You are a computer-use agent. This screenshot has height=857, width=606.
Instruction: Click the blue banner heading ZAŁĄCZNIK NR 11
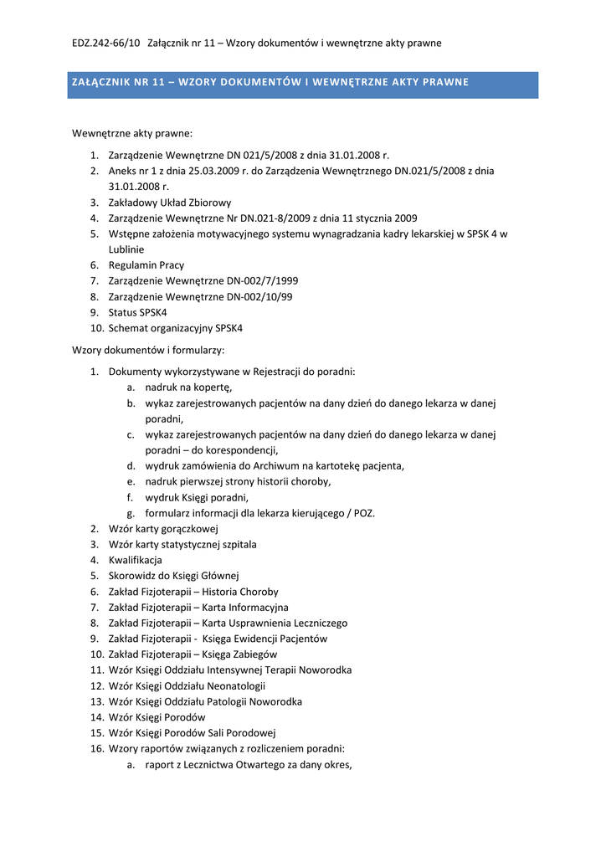tap(269, 82)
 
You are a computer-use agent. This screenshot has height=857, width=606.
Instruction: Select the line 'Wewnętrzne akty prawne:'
tap(131, 133)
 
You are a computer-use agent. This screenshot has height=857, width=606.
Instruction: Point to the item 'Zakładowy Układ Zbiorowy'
tap(170, 203)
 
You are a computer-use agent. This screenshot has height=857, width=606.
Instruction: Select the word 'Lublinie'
tap(126, 249)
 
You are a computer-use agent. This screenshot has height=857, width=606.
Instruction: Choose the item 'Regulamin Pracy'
tap(146, 265)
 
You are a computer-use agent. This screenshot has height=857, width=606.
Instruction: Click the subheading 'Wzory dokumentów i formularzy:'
tap(148, 350)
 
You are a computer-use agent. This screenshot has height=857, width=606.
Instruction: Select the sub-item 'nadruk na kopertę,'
tap(188, 387)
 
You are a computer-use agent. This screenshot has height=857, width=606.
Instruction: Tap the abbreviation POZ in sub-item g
tap(365, 513)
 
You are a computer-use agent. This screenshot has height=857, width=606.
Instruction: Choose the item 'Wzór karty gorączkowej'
tap(163, 529)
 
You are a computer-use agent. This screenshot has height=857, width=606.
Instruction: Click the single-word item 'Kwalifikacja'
tap(136, 560)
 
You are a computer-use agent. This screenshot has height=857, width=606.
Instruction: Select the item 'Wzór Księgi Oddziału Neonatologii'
tap(193, 686)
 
